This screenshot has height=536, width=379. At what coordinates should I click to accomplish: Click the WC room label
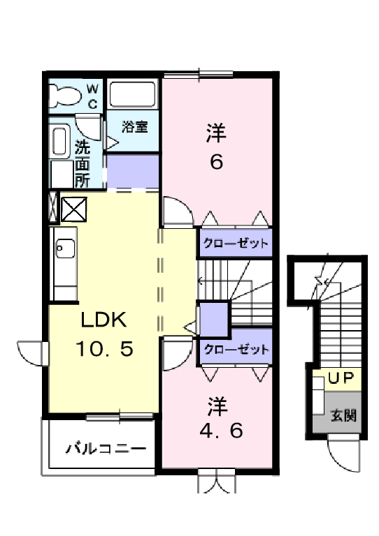[x=92, y=95]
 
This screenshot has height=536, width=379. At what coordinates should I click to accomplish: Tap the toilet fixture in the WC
[x=64, y=96]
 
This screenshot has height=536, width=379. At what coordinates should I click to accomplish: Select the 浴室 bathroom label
[x=134, y=126]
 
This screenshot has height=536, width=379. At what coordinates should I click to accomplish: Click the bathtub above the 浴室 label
[x=134, y=95]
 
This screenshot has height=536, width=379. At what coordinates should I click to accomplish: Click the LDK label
[x=103, y=320]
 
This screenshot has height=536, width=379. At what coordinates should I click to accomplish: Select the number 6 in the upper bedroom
[x=216, y=161]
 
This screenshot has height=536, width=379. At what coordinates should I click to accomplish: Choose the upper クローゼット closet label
[x=235, y=244]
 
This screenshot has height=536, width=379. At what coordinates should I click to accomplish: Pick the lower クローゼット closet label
[x=235, y=349]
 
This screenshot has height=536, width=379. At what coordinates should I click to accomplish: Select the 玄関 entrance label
[x=343, y=416]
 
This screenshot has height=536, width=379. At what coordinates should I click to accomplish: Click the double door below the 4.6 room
[x=216, y=482]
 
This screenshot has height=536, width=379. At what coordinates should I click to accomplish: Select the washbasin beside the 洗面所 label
[x=60, y=143]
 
